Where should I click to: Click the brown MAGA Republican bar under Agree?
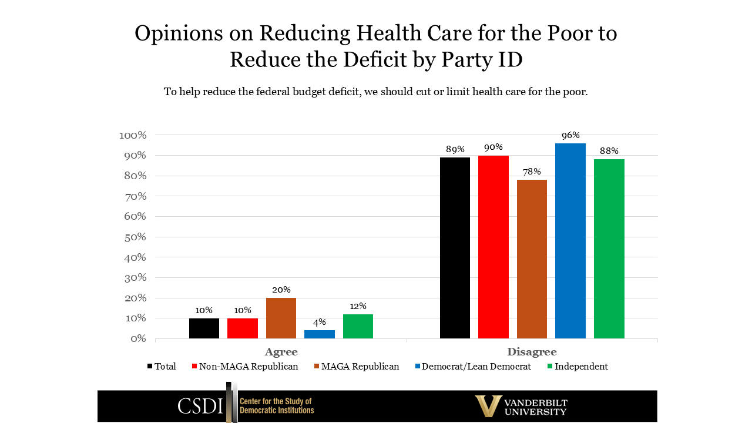click(281, 318)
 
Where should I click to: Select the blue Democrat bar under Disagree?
click(570, 241)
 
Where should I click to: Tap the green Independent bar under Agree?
click(358, 326)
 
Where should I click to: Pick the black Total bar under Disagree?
click(455, 248)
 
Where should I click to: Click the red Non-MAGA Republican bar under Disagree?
click(493, 247)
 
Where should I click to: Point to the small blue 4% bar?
click(320, 334)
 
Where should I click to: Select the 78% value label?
click(532, 172)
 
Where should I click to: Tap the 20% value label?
click(281, 290)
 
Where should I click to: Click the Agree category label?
click(281, 352)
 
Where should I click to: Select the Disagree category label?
click(532, 352)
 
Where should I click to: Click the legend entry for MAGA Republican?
click(356, 367)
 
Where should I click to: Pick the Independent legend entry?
click(577, 367)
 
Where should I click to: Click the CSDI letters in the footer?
click(200, 406)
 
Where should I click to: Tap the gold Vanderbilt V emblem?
click(488, 406)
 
